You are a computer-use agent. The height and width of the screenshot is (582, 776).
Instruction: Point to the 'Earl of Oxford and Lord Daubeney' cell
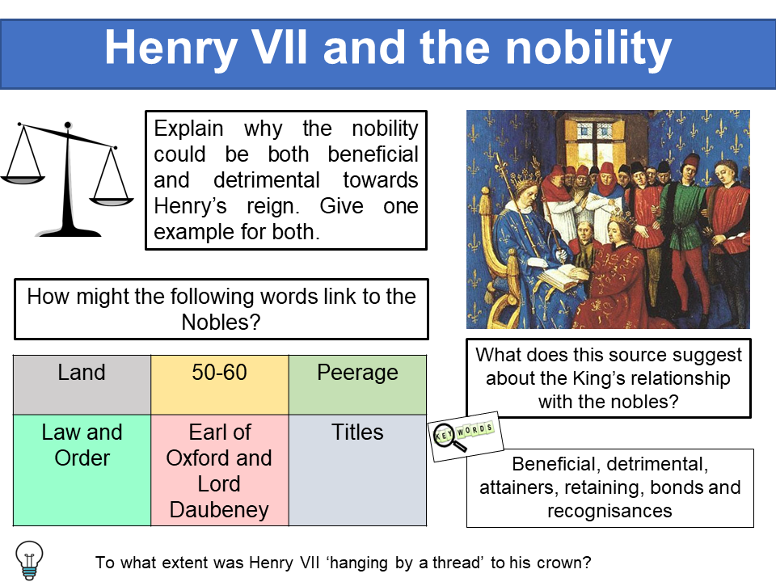click(219, 471)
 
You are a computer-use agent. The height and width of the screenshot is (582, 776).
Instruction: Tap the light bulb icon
click(29, 559)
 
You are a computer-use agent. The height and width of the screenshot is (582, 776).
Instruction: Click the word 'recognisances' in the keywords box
click(609, 511)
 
